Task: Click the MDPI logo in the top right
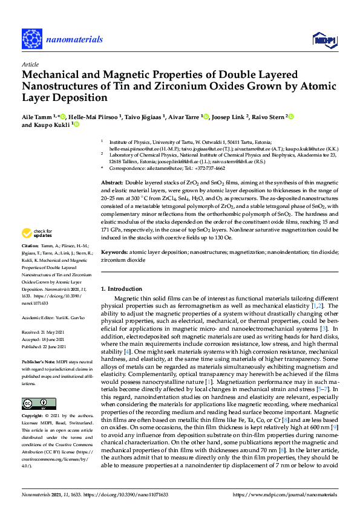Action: tap(324, 40)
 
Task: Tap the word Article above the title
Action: tap(30, 63)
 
